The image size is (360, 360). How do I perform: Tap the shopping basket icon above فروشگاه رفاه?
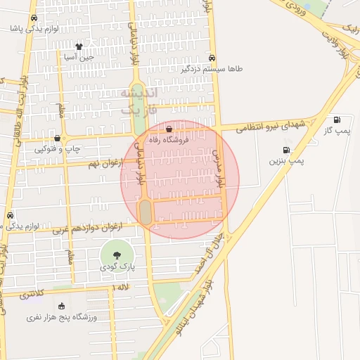[x=169, y=129]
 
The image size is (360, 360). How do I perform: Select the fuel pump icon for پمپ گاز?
[x=337, y=120]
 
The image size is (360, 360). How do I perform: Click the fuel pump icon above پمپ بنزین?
[x=286, y=150]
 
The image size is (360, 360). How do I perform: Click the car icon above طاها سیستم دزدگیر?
[x=212, y=58]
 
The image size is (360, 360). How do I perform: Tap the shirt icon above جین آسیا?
[x=79, y=47]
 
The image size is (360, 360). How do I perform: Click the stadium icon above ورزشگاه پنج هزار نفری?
[x=61, y=306]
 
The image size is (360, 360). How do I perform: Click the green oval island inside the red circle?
[x=146, y=212]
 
